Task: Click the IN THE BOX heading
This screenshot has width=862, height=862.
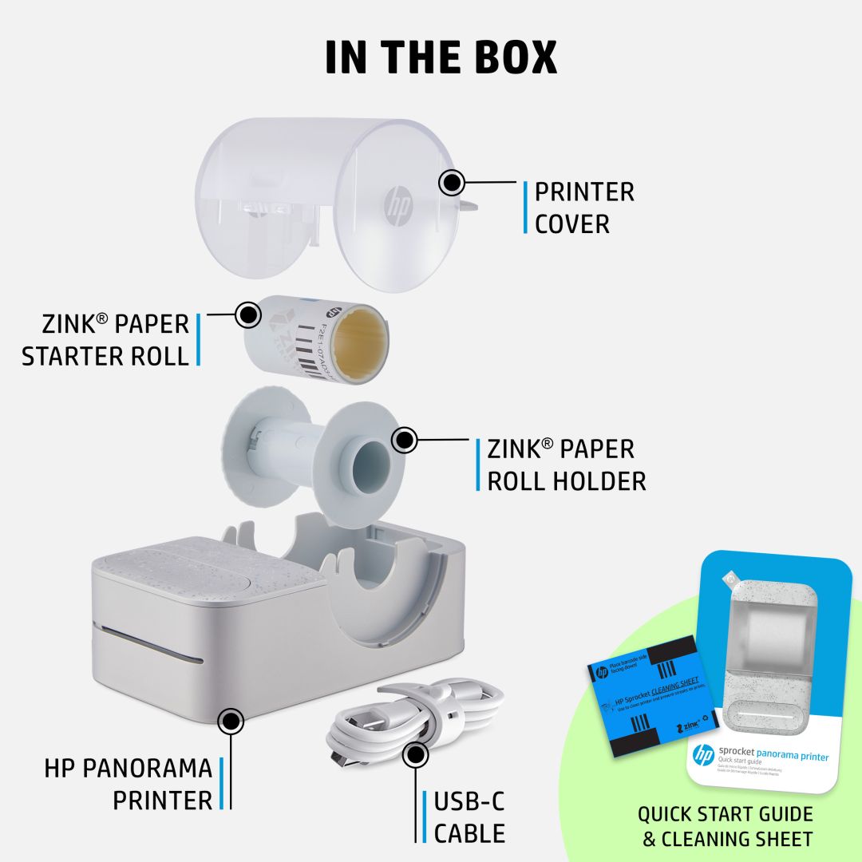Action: (441, 57)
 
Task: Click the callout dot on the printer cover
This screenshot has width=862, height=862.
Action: (452, 183)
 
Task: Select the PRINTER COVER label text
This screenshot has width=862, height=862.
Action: (584, 208)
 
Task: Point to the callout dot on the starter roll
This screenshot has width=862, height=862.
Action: (249, 314)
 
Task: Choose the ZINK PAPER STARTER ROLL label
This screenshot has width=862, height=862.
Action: (105, 339)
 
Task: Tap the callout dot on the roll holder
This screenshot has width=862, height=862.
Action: (405, 440)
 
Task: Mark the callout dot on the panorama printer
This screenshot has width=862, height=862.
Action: (231, 720)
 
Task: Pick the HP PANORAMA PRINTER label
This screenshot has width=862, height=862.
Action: (128, 784)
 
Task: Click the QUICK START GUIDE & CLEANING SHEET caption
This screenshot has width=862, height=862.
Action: (725, 826)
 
